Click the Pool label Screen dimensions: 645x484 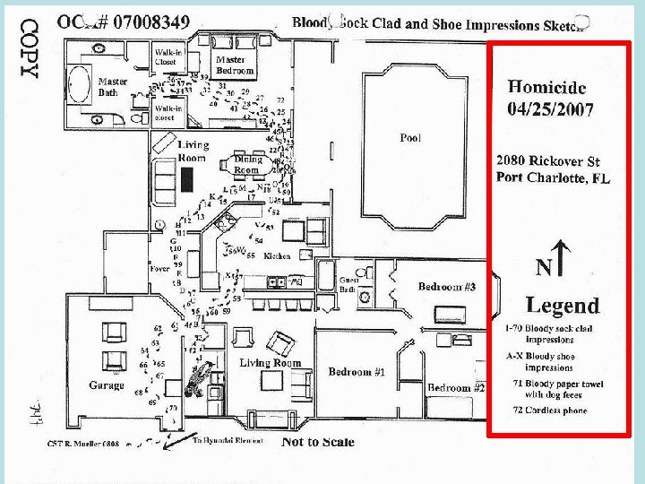pyautogui.click(x=410, y=138)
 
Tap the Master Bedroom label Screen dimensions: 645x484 pyautogui.click(x=235, y=65)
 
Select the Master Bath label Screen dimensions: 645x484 pyautogui.click(x=112, y=86)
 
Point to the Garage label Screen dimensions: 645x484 pyautogui.click(x=107, y=385)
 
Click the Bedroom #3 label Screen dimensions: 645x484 pyautogui.click(x=446, y=287)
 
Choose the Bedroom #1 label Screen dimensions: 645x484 pyautogui.click(x=356, y=371)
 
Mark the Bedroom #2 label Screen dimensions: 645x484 pyautogui.click(x=455, y=388)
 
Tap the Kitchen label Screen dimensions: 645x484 pyautogui.click(x=278, y=256)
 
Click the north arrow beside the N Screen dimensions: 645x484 pyautogui.click(x=560, y=255)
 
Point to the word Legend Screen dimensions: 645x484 pyautogui.click(x=562, y=307)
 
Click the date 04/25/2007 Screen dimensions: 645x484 pyautogui.click(x=550, y=108)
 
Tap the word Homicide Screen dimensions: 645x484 pyautogui.click(x=547, y=87)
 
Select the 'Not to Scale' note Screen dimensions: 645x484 pyautogui.click(x=317, y=441)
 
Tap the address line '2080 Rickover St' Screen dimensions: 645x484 pyautogui.click(x=547, y=161)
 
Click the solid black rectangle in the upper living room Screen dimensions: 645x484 pyautogui.click(x=186, y=179)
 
